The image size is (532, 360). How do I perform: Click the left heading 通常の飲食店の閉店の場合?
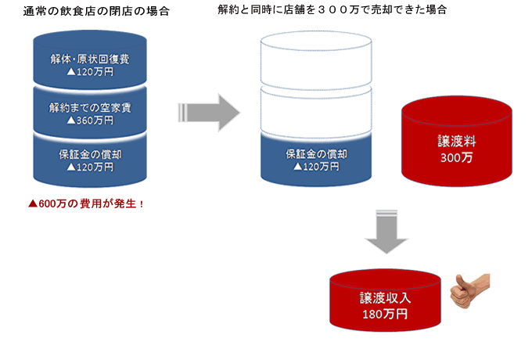pos(96,11)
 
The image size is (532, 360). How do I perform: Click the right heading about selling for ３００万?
pos(332,10)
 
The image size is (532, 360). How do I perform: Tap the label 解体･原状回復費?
pos(90,59)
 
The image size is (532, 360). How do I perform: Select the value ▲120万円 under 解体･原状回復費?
pos(90,72)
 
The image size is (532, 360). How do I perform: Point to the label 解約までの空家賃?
pos(90,108)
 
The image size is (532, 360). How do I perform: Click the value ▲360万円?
pos(90,121)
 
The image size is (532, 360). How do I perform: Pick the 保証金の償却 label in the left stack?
pos(90,155)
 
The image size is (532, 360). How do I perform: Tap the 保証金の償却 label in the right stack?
pos(316,154)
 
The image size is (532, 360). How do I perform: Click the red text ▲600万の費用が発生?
pos(86,203)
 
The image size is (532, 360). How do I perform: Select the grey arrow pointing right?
pos(209,113)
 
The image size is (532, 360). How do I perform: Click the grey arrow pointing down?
pos(386,232)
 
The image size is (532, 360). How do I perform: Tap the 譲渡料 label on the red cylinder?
pos(457,141)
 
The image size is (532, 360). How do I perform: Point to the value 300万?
pos(457,158)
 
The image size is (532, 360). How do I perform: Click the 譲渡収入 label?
pos(386,298)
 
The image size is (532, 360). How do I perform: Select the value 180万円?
pos(385,314)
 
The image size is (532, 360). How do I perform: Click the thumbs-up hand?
pos(469,290)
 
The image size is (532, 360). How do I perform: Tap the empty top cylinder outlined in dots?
pos(316,59)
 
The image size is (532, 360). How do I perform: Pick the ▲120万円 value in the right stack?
pos(316,167)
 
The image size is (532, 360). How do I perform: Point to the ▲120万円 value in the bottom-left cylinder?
pos(90,167)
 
